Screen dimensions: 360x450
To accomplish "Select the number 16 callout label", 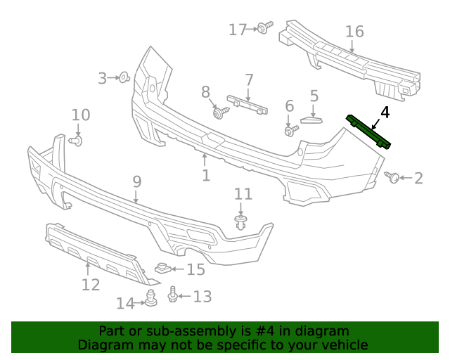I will [x=354, y=32].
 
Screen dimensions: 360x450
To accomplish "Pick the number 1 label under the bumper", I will [x=206, y=174].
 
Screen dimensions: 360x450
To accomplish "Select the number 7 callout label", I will [x=249, y=79].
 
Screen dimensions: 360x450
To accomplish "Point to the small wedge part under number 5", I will [x=309, y=119].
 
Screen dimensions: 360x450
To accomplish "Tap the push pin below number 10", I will [x=77, y=141].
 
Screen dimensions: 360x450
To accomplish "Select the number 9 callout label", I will [x=137, y=181].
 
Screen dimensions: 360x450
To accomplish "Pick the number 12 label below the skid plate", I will [x=91, y=285].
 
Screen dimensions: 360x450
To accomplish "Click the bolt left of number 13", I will [x=172, y=295].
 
